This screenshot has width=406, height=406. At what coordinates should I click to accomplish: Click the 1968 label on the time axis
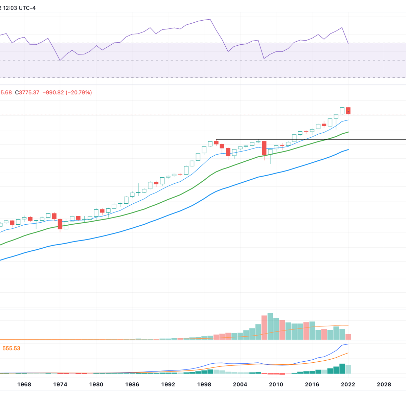pyautogui.click(x=24, y=384)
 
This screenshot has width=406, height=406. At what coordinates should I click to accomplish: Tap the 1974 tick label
pyautogui.click(x=60, y=384)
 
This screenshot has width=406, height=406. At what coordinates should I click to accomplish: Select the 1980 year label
pyautogui.click(x=96, y=384)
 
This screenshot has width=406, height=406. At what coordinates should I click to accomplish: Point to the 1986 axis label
pyautogui.click(x=132, y=384)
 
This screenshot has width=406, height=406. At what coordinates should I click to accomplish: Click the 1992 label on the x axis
pyautogui.click(x=168, y=384)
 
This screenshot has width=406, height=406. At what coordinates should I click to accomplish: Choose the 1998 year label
pyautogui.click(x=204, y=384)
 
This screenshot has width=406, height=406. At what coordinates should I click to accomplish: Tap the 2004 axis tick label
pyautogui.click(x=240, y=384)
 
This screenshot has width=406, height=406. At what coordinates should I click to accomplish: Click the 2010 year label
pyautogui.click(x=276, y=384)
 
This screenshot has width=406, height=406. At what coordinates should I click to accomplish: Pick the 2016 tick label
pyautogui.click(x=312, y=384)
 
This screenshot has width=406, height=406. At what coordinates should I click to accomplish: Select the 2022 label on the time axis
pyautogui.click(x=348, y=384)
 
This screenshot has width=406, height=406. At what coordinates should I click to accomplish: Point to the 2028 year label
pyautogui.click(x=384, y=384)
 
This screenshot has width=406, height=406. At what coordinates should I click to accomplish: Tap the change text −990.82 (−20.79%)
pyautogui.click(x=67, y=92)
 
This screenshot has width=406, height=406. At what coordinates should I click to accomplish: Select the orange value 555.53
pyautogui.click(x=11, y=348)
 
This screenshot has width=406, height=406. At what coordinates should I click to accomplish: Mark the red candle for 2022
pyautogui.click(x=348, y=111)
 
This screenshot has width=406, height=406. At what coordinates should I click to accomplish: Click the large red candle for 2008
pyautogui.click(x=264, y=148)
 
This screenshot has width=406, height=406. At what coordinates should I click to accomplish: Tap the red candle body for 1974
pyautogui.click(x=60, y=224)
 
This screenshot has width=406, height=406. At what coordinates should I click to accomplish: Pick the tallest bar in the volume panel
pyautogui.click(x=270, y=326)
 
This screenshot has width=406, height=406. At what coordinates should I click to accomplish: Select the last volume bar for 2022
pyautogui.click(x=348, y=337)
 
